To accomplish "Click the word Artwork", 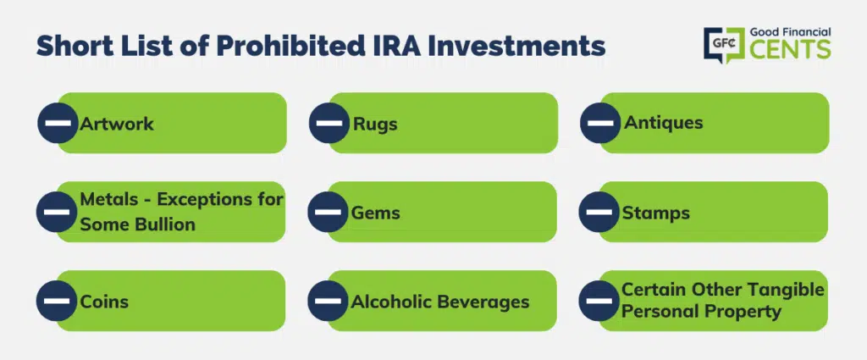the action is tap(117, 124).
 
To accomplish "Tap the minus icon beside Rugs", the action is tap(329, 123).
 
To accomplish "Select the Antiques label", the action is tap(664, 122).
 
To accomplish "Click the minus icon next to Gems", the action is tap(328, 212).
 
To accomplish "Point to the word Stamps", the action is tap(656, 213).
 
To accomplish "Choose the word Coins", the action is tap(104, 302).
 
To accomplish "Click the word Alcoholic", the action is tap(391, 302).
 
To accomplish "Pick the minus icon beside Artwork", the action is tap(58, 123).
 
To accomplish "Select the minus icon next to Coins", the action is tap(57, 301).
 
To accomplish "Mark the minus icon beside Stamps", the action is tap(599, 212).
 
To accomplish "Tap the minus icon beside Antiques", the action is tap(600, 123).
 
